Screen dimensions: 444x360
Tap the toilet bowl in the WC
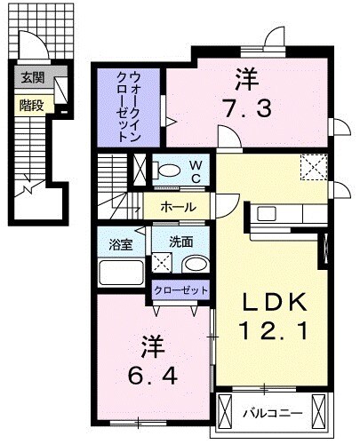(x=166, y=170)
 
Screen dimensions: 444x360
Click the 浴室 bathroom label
(x=121, y=242)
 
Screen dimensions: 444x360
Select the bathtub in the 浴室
(x=121, y=271)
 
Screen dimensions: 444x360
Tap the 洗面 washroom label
(x=181, y=242)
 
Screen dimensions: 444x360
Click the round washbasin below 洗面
(x=193, y=264)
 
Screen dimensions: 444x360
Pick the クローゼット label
(x=181, y=290)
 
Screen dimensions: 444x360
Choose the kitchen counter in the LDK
(x=281, y=215)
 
